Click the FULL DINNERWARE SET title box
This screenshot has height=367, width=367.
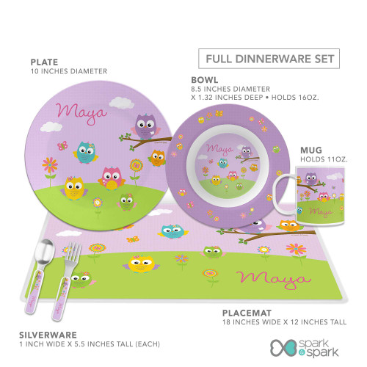click(269, 59)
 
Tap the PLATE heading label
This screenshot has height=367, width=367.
click(44, 62)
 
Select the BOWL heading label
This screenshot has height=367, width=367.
click(205, 80)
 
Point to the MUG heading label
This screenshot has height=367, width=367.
click(311, 150)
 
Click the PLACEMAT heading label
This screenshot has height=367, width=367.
click(247, 313)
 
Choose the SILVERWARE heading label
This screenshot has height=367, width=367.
click(48, 335)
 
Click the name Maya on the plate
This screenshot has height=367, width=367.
click(81, 113)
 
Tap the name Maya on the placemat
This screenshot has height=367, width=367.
click(274, 280)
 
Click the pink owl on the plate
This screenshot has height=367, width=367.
click(112, 178)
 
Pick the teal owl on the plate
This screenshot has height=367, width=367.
click(86, 153)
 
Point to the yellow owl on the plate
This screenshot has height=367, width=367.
click(73, 188)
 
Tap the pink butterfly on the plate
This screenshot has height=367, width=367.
click(62, 145)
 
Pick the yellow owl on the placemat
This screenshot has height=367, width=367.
click(141, 264)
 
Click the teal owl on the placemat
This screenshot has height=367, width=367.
click(172, 231)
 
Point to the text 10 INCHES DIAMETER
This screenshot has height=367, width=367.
click(69, 71)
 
